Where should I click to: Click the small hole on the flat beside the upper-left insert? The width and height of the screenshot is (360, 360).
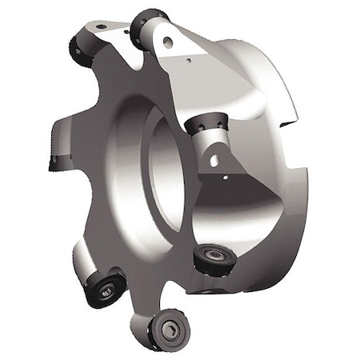tap(102, 27)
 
